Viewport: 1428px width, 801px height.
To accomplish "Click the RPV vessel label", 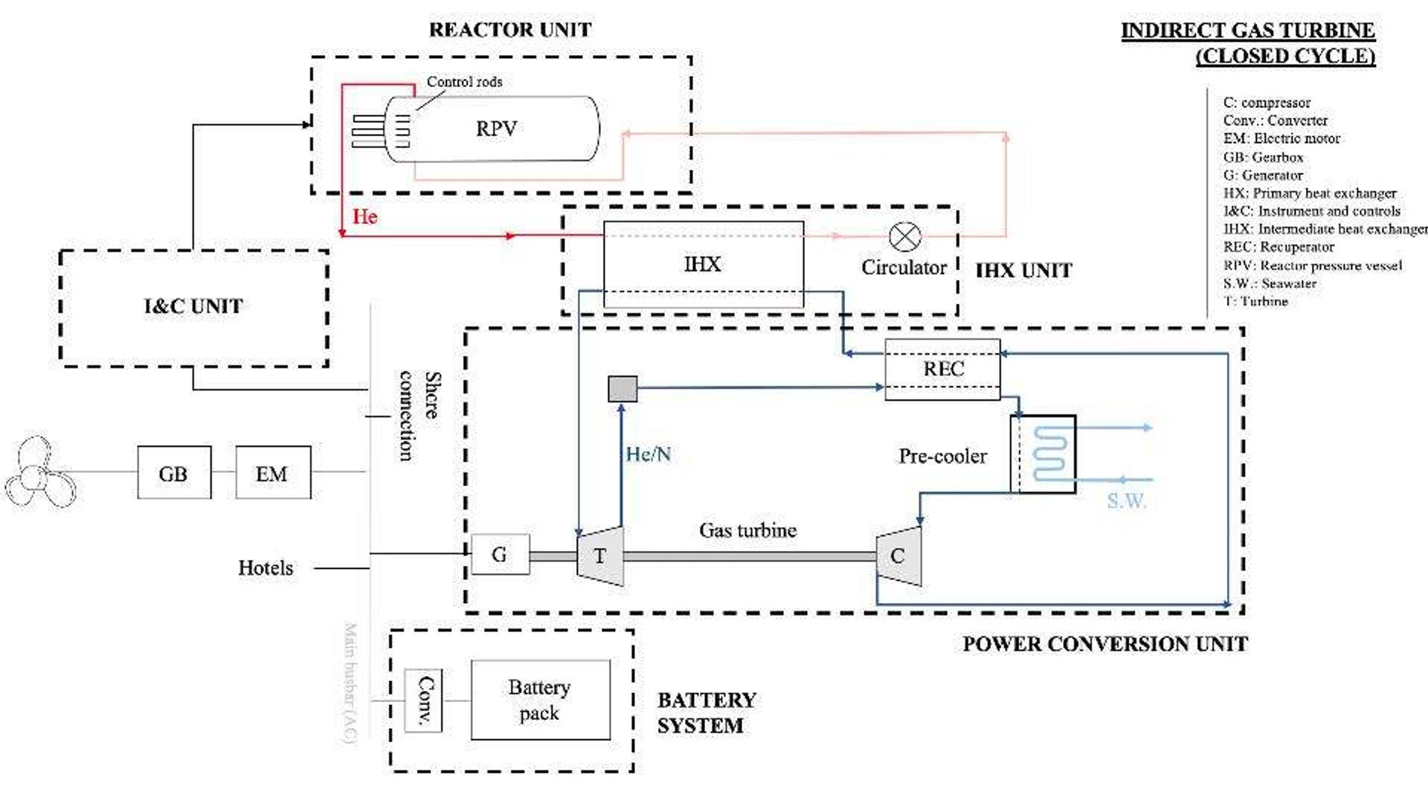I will pos(496,129).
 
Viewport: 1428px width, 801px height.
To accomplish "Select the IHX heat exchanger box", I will pos(703,264).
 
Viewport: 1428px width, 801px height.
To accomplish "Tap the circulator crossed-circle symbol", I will pos(904,237).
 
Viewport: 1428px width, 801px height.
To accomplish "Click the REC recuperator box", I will pos(942,370).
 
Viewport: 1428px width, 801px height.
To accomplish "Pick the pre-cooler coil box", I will pos(1043,454).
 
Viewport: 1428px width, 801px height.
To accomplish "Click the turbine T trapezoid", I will pos(600,556).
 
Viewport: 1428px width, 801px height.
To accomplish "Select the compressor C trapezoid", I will pos(898,556).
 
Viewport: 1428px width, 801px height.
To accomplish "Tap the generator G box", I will pos(500,554).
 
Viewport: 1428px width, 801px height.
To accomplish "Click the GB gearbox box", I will pos(174,473).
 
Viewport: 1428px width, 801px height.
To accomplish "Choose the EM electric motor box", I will pos(272,473).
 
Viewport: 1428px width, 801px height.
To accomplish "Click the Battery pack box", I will pos(540,700).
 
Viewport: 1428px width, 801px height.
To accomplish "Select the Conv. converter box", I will pos(423,701).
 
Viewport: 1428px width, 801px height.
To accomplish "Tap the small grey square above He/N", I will pos(623,388).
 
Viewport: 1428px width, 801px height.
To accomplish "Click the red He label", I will pos(365,217).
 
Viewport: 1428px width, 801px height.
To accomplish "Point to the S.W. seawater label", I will pos(1126,501).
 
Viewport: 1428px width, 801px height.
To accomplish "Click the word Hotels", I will pos(266,568).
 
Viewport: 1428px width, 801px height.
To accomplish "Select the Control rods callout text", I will pos(464,82).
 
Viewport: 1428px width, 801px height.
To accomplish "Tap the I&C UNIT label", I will pos(193,306).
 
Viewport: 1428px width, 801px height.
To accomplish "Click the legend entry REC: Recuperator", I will pos(1279,247).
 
